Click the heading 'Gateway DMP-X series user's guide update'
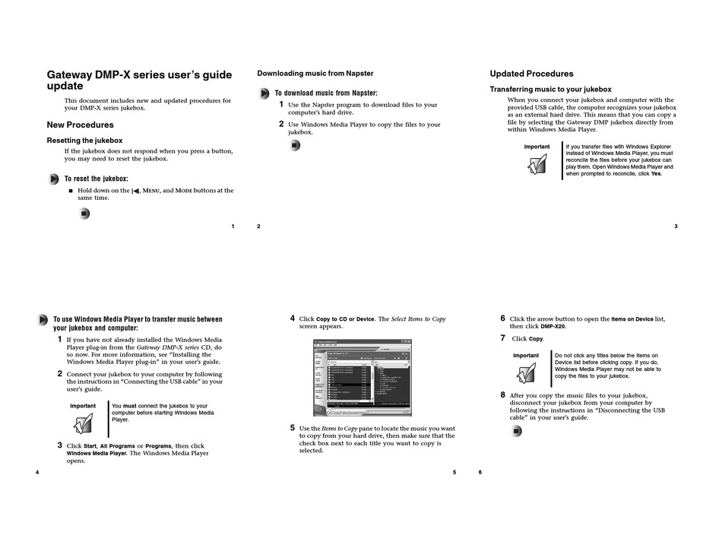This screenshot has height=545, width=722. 139,81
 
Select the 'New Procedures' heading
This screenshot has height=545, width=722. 80,125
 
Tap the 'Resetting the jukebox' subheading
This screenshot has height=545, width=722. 84,141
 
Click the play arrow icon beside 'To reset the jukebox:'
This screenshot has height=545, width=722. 53,179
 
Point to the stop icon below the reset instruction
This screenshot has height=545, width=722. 84,214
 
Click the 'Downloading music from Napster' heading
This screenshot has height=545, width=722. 315,74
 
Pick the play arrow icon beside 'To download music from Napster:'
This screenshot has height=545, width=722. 264,93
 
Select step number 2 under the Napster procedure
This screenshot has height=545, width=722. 281,124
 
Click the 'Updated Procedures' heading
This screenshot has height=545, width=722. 531,74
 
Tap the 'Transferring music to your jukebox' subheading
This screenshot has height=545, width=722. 550,90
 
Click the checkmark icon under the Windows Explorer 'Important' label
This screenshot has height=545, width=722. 537,163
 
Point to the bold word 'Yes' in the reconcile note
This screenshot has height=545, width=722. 656,174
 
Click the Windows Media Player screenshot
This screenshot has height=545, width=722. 363,377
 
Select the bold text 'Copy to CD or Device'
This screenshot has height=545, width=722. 345,319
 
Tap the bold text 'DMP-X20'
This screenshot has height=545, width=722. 553,326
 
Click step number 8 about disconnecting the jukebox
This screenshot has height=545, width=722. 502,395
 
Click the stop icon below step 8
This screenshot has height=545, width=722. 517,431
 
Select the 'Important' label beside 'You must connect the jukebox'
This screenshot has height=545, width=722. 83,406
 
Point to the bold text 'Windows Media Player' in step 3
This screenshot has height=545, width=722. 97,453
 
